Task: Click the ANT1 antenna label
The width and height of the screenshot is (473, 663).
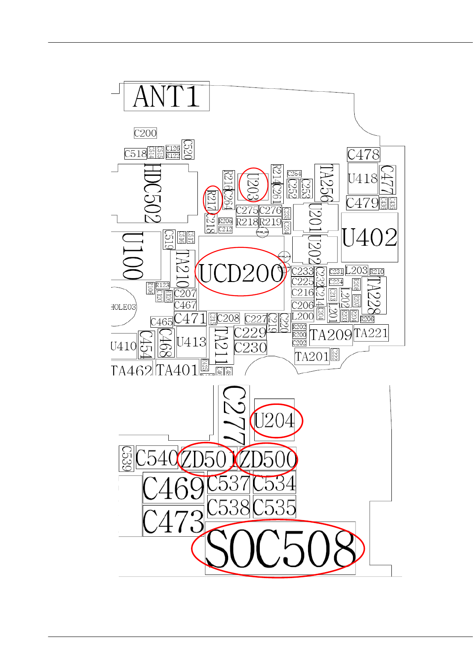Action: [x=167, y=96]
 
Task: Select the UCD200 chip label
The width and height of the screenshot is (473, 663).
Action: [x=241, y=273]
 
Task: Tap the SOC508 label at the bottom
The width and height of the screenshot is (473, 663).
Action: [x=280, y=549]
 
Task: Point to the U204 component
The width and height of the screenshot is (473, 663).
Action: [x=274, y=421]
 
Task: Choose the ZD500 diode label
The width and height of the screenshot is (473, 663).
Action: [x=268, y=459]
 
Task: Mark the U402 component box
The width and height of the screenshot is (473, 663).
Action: [x=370, y=238]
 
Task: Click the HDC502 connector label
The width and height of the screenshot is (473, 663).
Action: [x=153, y=193]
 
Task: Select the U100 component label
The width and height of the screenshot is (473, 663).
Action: [x=133, y=256]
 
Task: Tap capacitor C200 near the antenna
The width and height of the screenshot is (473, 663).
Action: [x=145, y=133]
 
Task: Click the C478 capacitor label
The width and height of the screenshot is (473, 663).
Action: [x=363, y=154]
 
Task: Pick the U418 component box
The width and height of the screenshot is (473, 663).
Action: [x=363, y=178]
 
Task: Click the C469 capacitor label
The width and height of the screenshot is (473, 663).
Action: [x=173, y=488]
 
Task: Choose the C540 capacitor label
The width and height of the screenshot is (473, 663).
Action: [x=156, y=459]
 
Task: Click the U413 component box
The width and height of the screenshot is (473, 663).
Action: [x=191, y=342]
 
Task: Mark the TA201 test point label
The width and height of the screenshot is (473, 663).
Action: [x=312, y=356]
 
